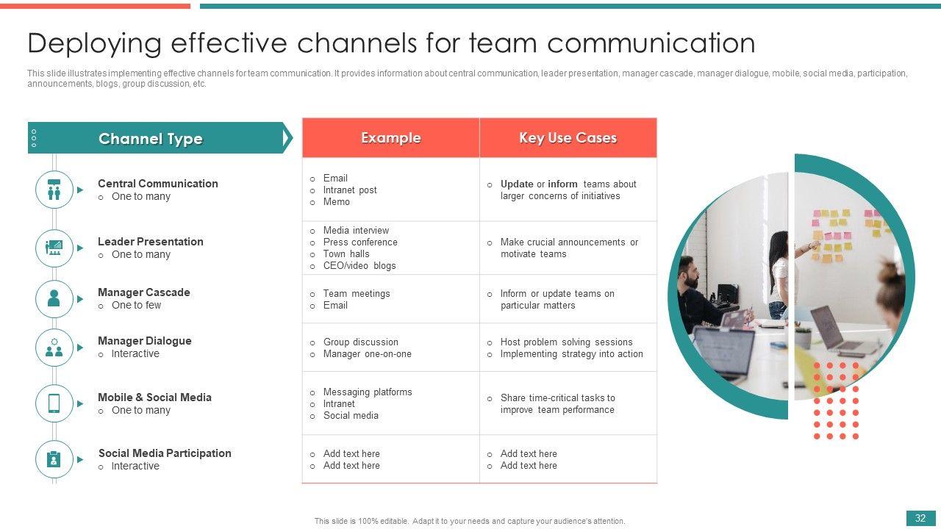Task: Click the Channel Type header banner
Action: pyautogui.click(x=151, y=138)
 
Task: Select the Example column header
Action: pyautogui.click(x=390, y=138)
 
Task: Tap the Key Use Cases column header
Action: pyautogui.click(x=568, y=138)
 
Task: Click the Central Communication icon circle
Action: pyautogui.click(x=54, y=190)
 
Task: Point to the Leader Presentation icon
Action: pyautogui.click(x=54, y=248)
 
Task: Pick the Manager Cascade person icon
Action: pyautogui.click(x=54, y=298)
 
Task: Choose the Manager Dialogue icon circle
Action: pyautogui.click(x=54, y=348)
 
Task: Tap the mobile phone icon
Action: pyautogui.click(x=54, y=403)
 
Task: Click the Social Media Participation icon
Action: pyautogui.click(x=54, y=459)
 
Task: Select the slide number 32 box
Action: pyautogui.click(x=920, y=519)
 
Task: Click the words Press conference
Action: pyautogui.click(x=360, y=242)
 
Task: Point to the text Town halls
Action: pyautogui.click(x=346, y=253)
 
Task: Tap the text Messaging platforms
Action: pyautogui.click(x=368, y=392)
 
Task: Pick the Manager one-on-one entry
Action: pyautogui.click(x=367, y=353)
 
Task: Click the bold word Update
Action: pyautogui.click(x=517, y=184)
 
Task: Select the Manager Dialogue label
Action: pyautogui.click(x=144, y=341)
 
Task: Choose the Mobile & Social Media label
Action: pyautogui.click(x=154, y=397)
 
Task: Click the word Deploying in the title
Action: pyautogui.click(x=93, y=43)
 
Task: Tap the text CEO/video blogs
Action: pyautogui.click(x=359, y=265)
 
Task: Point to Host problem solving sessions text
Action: pyautogui.click(x=566, y=342)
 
